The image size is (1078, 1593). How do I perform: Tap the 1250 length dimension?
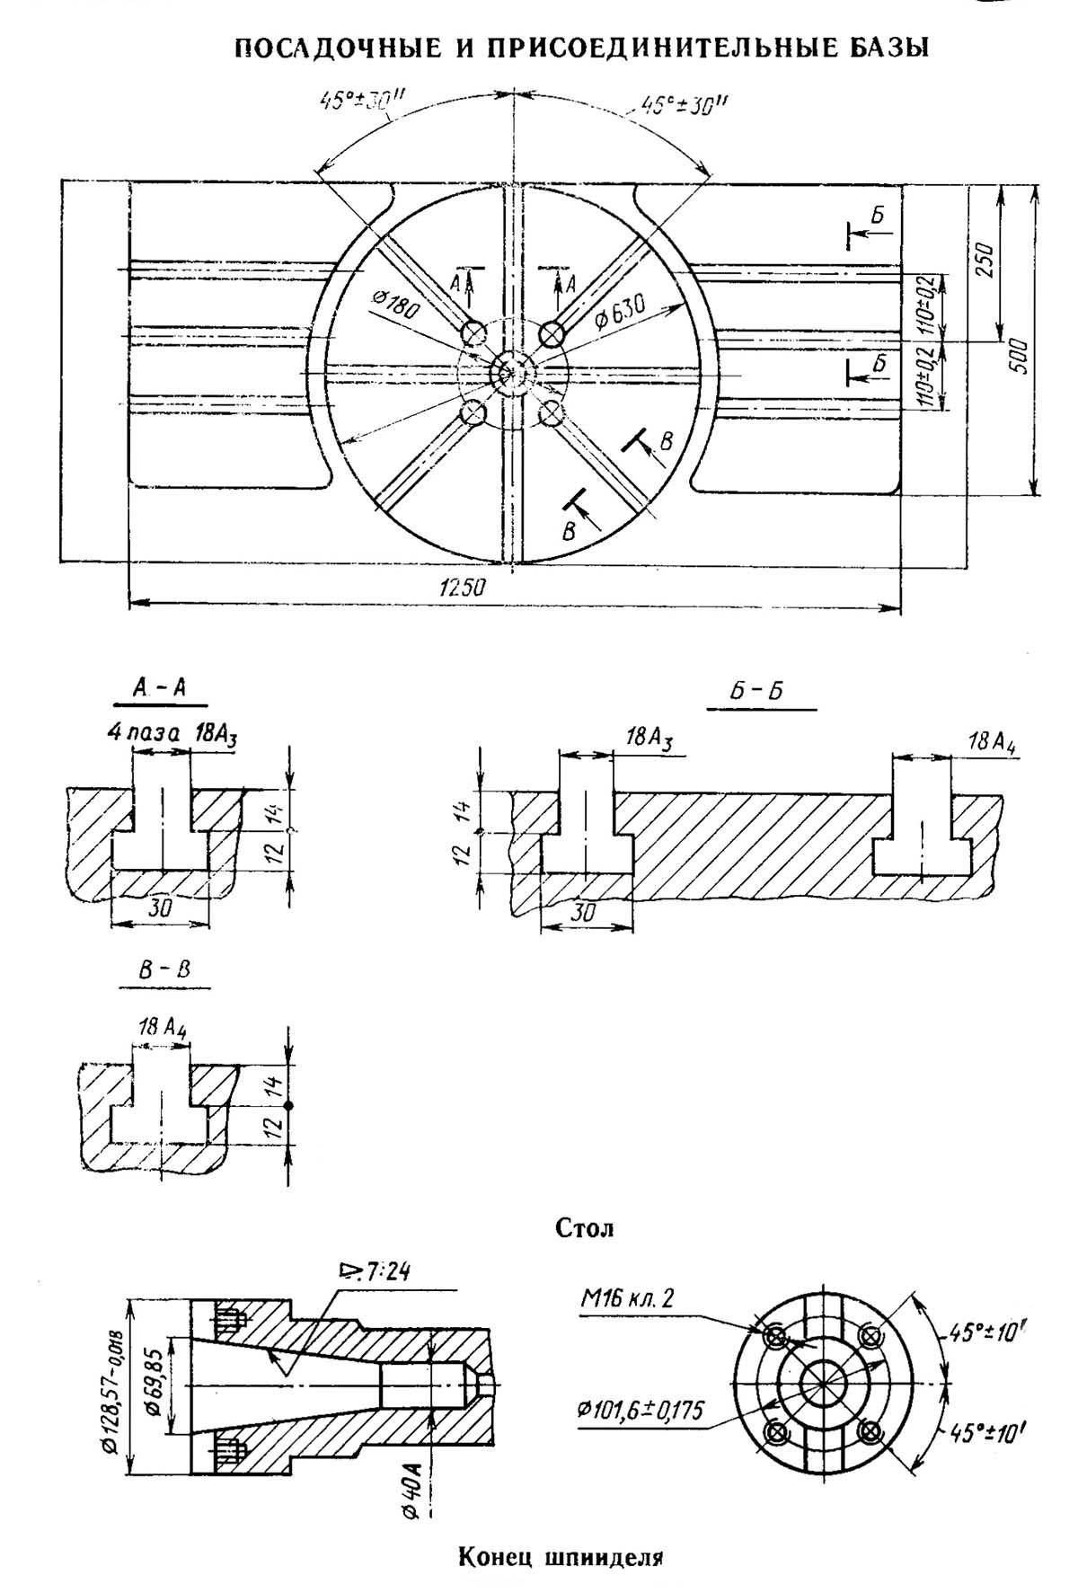pyautogui.click(x=462, y=588)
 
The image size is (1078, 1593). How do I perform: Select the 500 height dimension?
pyautogui.click(x=1018, y=357)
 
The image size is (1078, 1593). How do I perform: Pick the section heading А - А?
pyautogui.click(x=159, y=688)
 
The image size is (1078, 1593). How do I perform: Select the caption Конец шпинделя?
pyautogui.click(x=560, y=1555)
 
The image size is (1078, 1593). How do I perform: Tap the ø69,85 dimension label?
pyautogui.click(x=153, y=1388)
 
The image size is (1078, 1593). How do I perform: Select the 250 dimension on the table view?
pyautogui.click(x=985, y=261)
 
